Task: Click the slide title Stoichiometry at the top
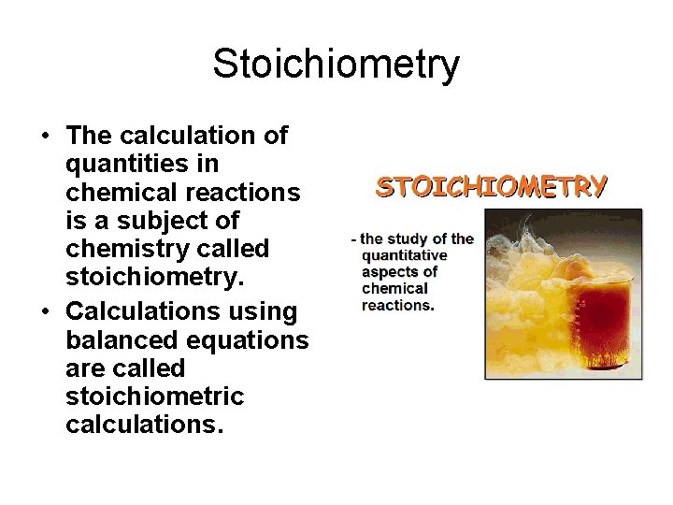coord(336,65)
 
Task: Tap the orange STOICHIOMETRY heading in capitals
coord(491,186)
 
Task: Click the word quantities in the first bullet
coord(142,165)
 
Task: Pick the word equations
coord(250,339)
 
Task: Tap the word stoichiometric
coord(154,397)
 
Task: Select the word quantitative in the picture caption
coord(404,255)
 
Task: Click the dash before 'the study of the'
coord(353,239)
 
